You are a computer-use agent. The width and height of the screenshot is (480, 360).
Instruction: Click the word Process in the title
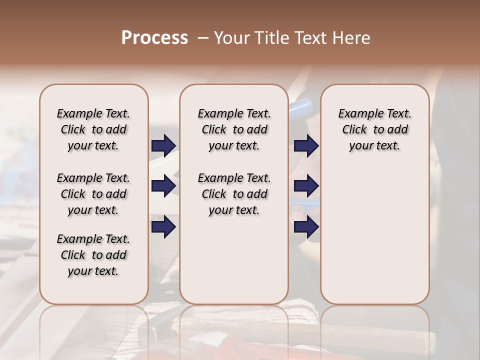click(x=154, y=37)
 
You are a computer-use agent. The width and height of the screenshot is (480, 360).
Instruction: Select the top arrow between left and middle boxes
click(x=163, y=145)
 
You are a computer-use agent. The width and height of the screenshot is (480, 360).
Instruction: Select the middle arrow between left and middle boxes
click(x=163, y=186)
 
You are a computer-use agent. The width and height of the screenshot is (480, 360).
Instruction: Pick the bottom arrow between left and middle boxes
click(x=163, y=227)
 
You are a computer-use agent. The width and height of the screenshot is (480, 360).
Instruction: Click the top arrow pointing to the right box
click(x=306, y=145)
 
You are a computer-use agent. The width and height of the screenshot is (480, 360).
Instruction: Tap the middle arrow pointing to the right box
click(x=306, y=186)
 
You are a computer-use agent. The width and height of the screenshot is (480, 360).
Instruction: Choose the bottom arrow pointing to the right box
click(x=306, y=227)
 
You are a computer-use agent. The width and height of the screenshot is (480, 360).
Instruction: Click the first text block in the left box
click(x=93, y=129)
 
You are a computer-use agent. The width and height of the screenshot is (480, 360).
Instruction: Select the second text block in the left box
click(x=93, y=194)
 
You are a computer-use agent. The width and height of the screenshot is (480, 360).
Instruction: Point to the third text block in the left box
click(x=93, y=255)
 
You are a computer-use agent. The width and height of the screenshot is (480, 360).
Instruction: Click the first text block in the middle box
click(x=234, y=129)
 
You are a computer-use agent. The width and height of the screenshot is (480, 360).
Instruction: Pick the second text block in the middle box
click(x=234, y=194)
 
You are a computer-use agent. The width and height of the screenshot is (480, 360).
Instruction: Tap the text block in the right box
click(x=374, y=129)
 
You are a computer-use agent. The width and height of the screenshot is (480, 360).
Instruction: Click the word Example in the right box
click(x=357, y=114)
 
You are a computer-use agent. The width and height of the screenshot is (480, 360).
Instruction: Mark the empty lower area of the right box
click(x=374, y=235)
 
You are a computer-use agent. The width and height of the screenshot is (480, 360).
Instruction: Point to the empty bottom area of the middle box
click(x=234, y=265)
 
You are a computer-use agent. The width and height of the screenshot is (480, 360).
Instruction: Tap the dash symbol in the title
click(x=203, y=38)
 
